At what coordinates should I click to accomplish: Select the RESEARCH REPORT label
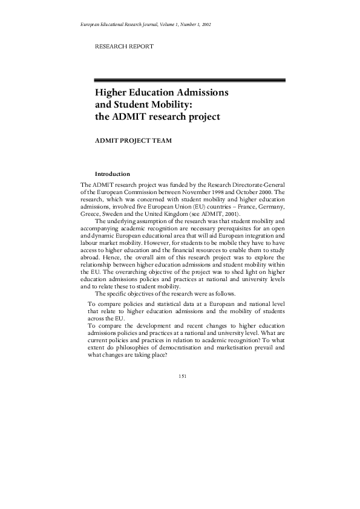coord(124,47)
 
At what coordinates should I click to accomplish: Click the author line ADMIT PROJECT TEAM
coord(133,140)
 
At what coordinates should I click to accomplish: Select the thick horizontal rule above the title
coord(190,80)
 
